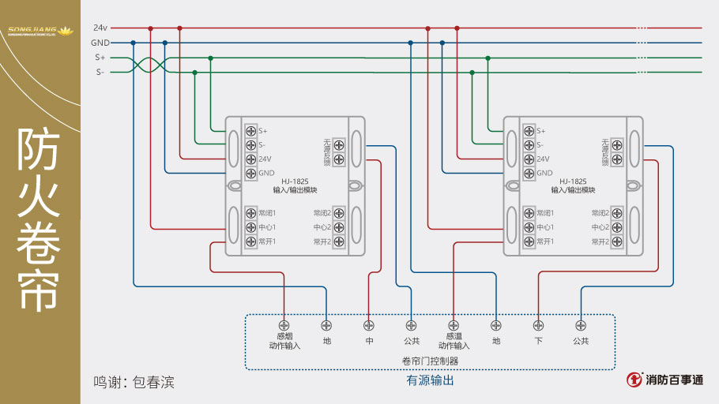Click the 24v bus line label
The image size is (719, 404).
pyautogui.click(x=100, y=28)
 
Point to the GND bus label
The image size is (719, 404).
pyautogui.click(x=100, y=43)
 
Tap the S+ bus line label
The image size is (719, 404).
pyautogui.click(x=100, y=58)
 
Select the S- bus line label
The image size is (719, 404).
pyautogui.click(x=100, y=72)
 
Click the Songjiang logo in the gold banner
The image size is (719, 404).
pyautogui.click(x=40, y=32)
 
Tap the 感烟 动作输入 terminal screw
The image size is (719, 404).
pyautogui.click(x=284, y=324)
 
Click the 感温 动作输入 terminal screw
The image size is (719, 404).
pyautogui.click(x=454, y=324)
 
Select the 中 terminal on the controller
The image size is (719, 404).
pyautogui.click(x=369, y=324)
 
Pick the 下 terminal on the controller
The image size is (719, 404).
pyautogui.click(x=538, y=324)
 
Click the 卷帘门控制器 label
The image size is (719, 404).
pyautogui.click(x=430, y=361)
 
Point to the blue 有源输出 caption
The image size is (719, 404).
pyautogui.click(x=430, y=380)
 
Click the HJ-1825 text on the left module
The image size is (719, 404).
pyautogui.click(x=295, y=181)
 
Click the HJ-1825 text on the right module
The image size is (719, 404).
pyautogui.click(x=573, y=181)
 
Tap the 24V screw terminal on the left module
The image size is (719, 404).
pyautogui.click(x=250, y=159)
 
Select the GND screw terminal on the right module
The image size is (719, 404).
pyautogui.click(x=529, y=173)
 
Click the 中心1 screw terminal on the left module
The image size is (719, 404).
pyautogui.click(x=250, y=227)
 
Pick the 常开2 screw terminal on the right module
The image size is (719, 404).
pyautogui.click(x=617, y=241)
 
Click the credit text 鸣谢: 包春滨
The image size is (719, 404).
pyautogui.click(x=134, y=383)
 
